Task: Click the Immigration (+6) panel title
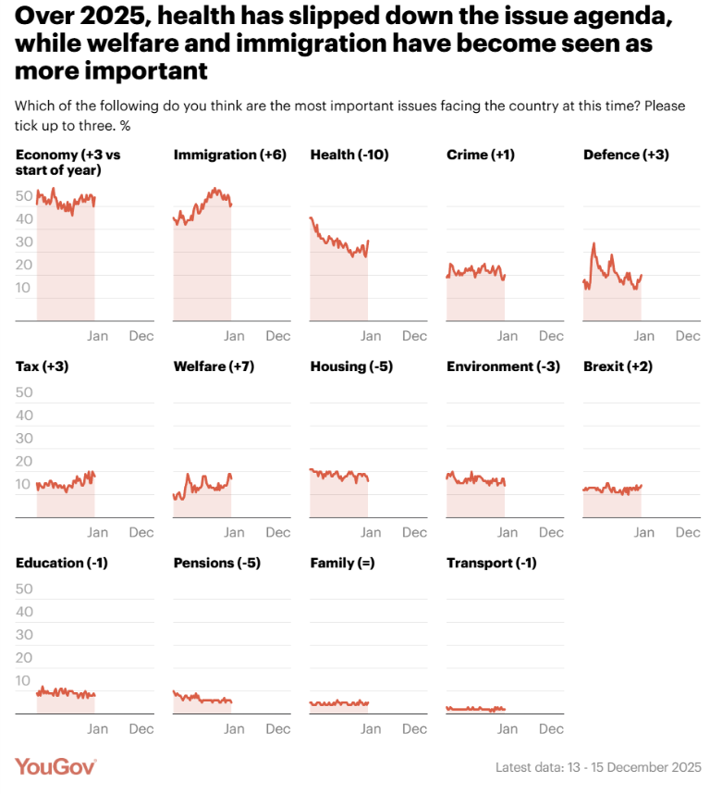coord(229,155)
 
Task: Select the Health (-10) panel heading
coord(349,155)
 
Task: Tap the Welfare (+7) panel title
coord(214,366)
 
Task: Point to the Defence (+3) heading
coord(626,155)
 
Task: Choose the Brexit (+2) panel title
coord(618,366)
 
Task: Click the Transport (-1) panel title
coord(491,563)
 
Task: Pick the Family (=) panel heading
coord(342,563)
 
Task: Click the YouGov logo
coord(55,767)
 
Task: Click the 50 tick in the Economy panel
coord(25,196)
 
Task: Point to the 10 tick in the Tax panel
coord(25,484)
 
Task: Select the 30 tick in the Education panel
coord(25,635)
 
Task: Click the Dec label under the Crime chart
coord(551,336)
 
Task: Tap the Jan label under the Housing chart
coord(371,532)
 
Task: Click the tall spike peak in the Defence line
coord(594,244)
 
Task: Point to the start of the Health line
coord(311,218)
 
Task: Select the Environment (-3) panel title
coord(503,366)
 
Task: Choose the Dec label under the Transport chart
coord(551,728)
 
